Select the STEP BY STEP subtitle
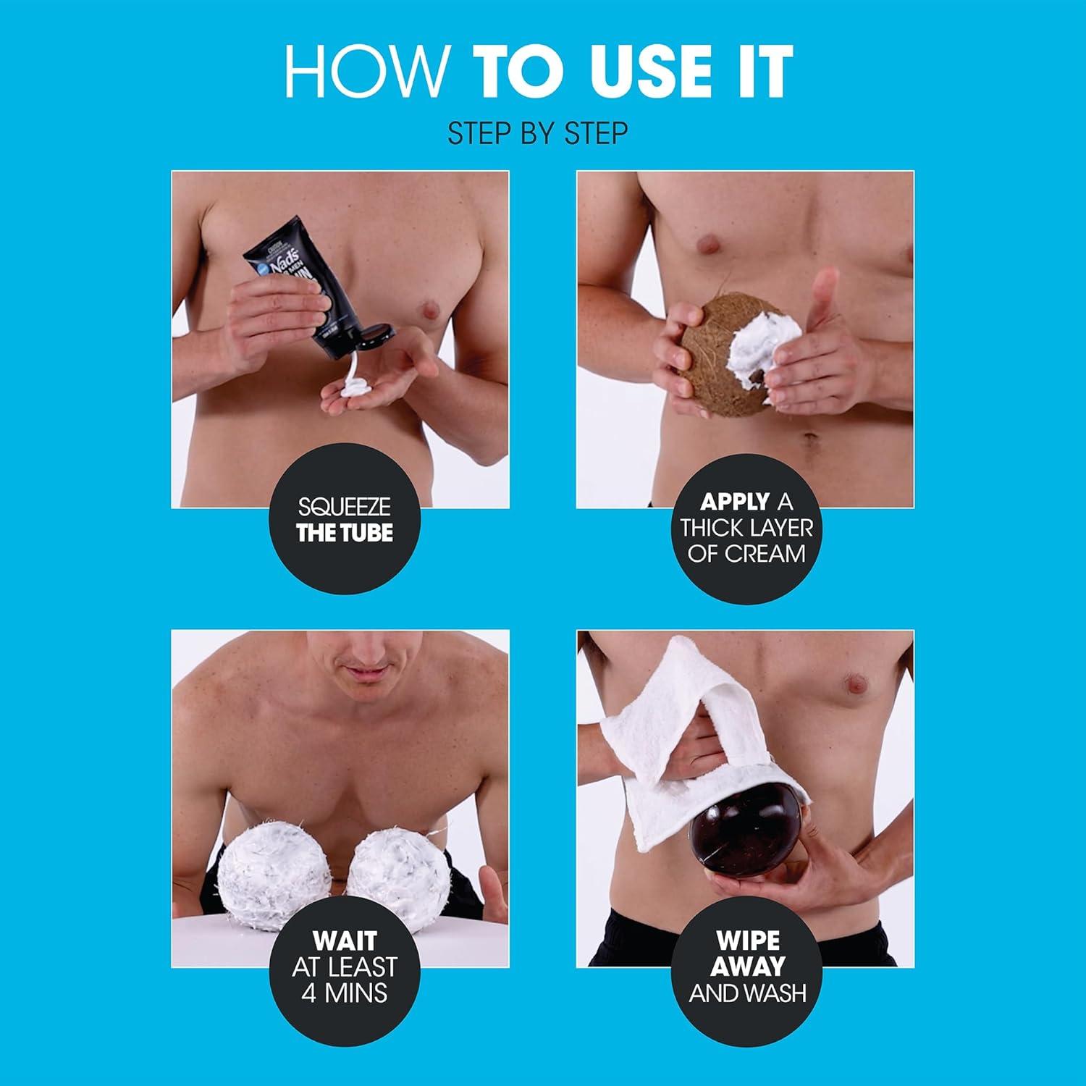click(x=537, y=133)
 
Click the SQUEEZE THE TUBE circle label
click(x=344, y=520)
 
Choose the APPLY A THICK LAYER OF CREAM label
click(x=746, y=527)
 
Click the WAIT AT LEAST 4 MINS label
click(x=344, y=967)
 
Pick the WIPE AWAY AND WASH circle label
click(x=746, y=967)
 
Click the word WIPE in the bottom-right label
click(x=747, y=940)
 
